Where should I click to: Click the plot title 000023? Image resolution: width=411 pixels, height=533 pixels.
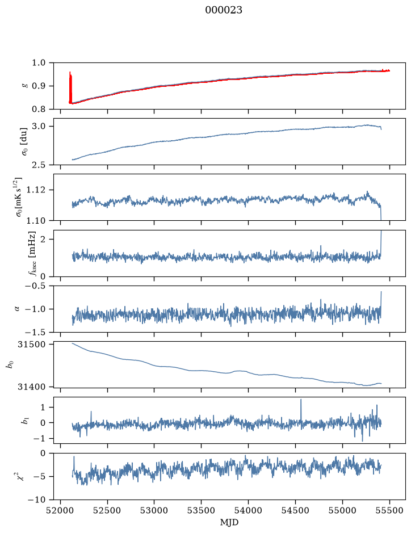point(223,10)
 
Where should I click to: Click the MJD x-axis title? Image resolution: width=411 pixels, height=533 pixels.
point(229,522)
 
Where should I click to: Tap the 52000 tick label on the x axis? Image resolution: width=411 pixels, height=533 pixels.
point(61,510)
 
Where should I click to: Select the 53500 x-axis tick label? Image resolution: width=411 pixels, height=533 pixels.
point(202,510)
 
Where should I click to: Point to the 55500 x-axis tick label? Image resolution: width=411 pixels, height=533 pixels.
point(389,510)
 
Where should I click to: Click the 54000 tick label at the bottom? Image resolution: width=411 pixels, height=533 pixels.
point(248,510)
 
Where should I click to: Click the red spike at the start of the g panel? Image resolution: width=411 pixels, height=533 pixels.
point(70,87)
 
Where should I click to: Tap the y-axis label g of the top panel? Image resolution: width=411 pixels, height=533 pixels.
point(24,86)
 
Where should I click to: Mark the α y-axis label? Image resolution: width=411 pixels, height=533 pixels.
point(18,309)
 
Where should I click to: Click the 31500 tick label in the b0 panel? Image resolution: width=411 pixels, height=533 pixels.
point(32,345)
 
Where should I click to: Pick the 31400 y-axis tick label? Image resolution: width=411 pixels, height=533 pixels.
point(32,387)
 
